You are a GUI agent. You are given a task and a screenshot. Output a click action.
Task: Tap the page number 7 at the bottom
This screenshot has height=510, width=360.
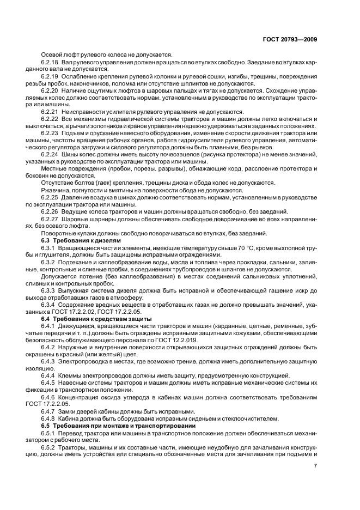tap(316, 465)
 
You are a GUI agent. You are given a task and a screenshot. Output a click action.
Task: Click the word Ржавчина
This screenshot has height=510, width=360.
tap(56, 190)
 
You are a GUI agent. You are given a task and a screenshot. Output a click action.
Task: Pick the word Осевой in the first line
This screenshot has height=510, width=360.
tap(53, 54)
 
